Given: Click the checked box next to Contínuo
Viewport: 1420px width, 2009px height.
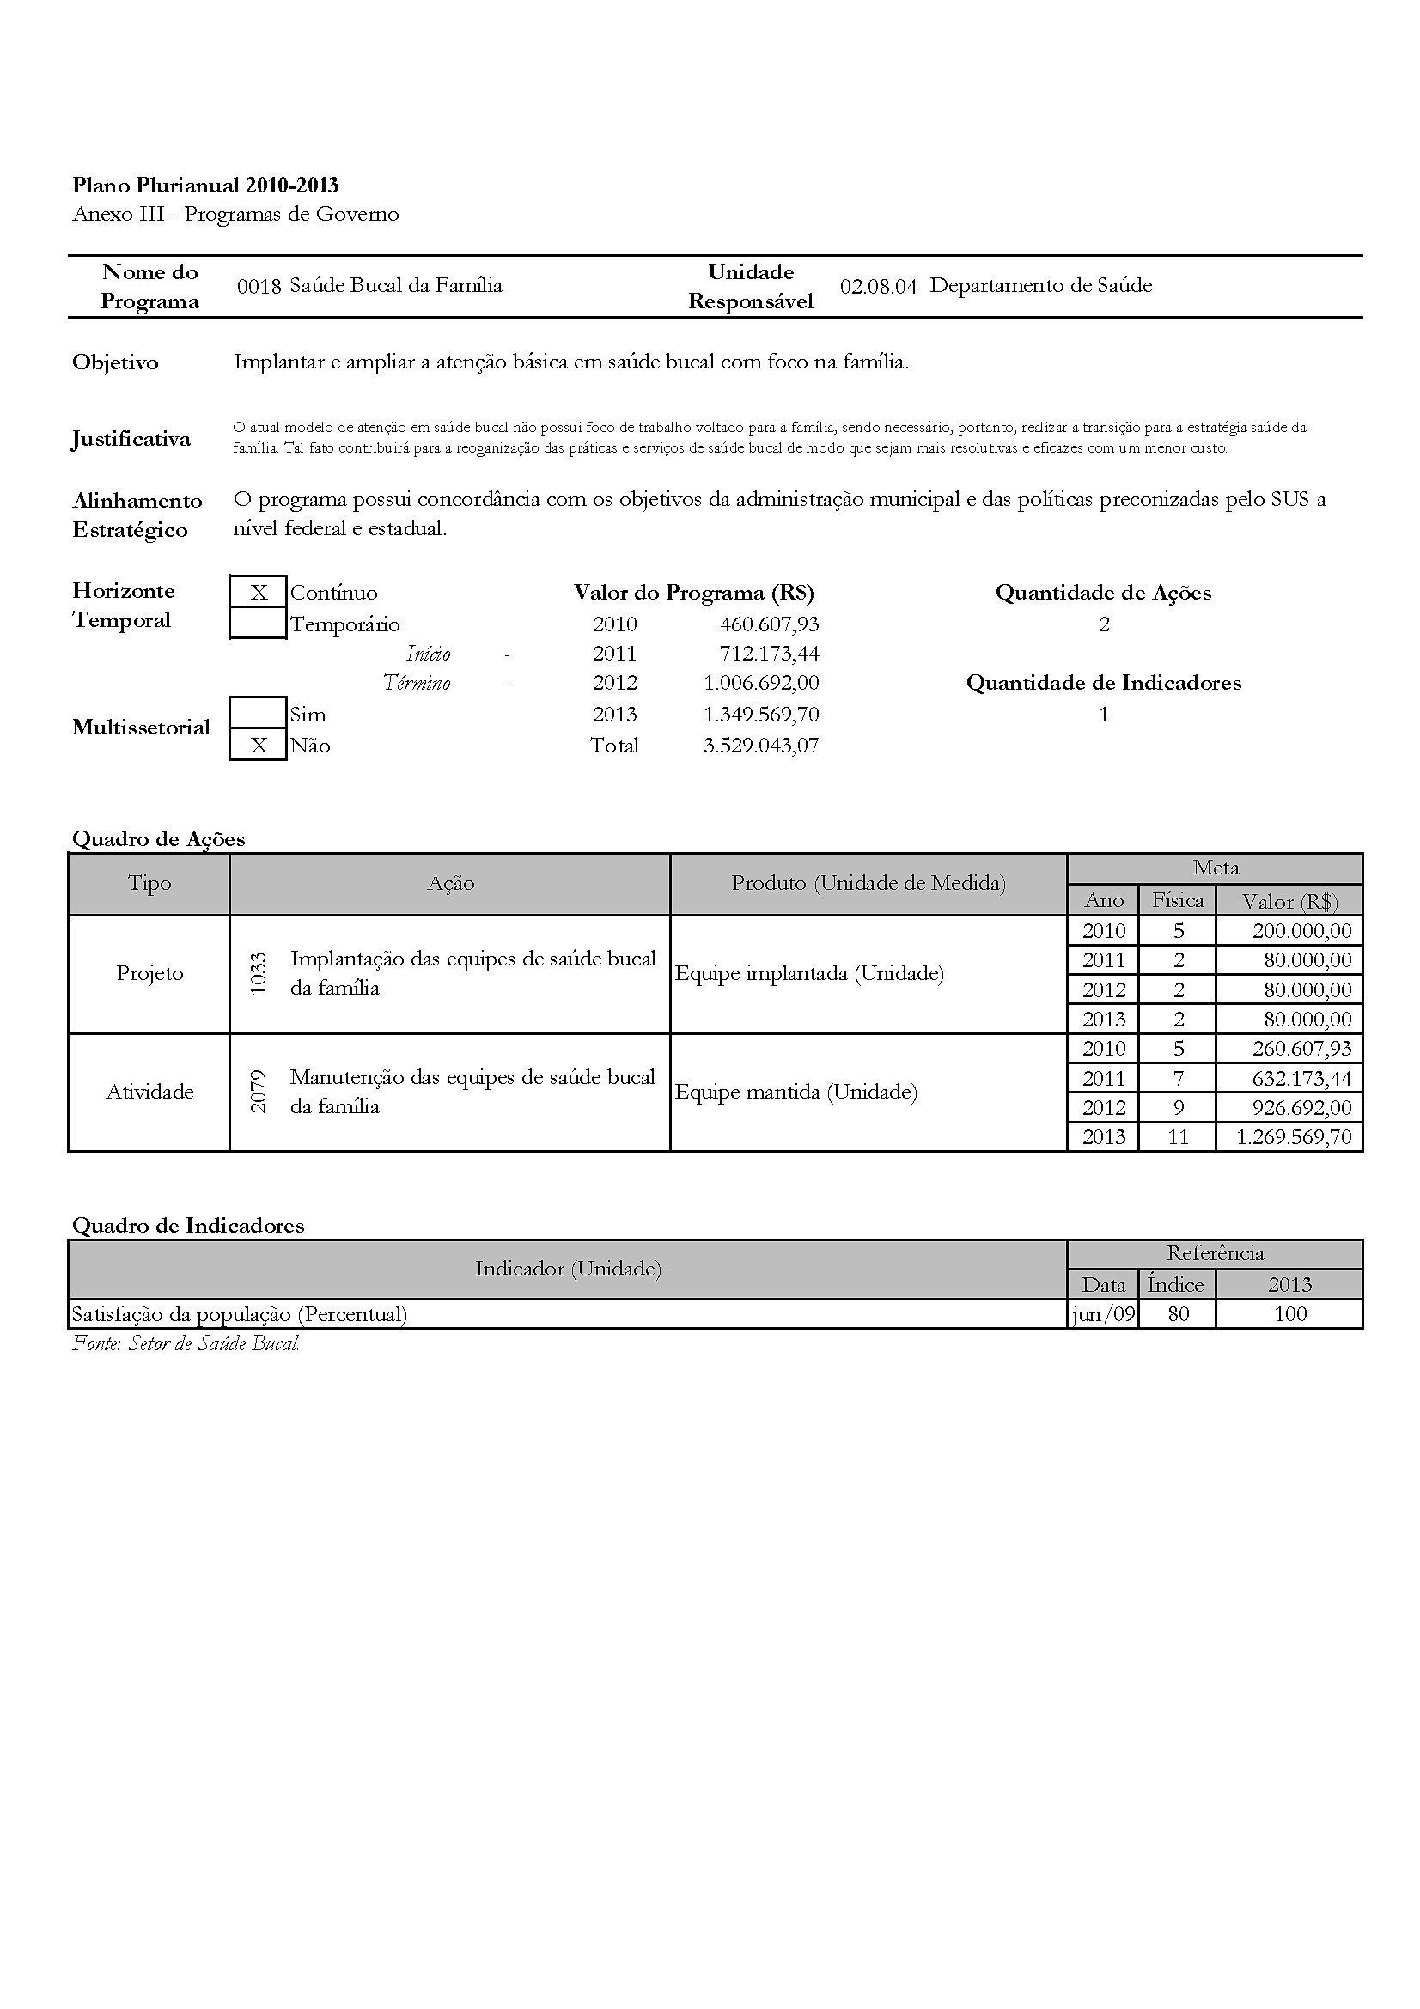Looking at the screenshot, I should (258, 593).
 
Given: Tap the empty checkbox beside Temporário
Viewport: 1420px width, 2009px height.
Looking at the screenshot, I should (258, 624).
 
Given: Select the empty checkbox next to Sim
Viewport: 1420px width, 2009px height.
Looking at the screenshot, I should (258, 713).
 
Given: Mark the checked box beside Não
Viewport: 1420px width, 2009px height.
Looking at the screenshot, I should (258, 746).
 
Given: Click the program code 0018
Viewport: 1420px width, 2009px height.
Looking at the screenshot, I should (259, 286).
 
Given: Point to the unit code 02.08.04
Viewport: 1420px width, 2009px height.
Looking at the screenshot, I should (878, 286).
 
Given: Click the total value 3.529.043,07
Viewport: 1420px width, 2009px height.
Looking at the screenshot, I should (761, 746).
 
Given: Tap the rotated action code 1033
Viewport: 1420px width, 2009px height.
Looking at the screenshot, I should (258, 973).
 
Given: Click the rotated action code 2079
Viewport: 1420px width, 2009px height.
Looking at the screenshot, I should (258, 1091).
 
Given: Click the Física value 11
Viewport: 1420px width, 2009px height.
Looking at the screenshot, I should (1178, 1136).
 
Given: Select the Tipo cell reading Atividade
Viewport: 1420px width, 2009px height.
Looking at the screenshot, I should (149, 1091).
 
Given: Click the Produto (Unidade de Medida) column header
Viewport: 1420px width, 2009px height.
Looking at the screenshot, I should (868, 883).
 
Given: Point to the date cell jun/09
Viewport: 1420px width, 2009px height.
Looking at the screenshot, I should (1103, 1313).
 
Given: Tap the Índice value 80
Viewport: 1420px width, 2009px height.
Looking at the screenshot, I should (1178, 1313).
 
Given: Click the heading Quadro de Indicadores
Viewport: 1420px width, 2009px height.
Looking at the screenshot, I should (188, 1225).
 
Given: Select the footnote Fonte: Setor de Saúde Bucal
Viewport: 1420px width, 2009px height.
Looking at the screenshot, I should (186, 1343).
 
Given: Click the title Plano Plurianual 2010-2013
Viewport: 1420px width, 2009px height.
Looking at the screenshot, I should (205, 185).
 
